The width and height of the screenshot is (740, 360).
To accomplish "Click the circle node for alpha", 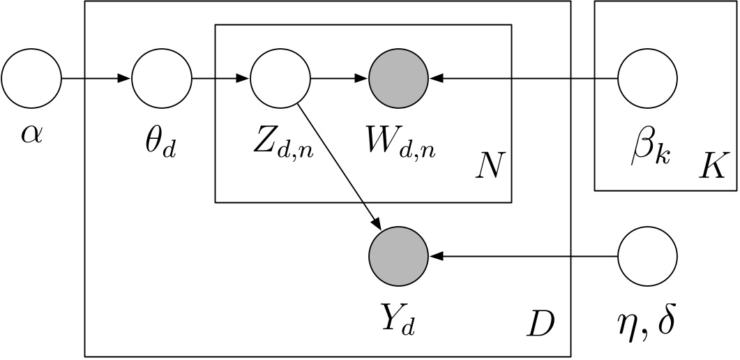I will (31, 78).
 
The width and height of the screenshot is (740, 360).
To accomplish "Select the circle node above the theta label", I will (162, 78).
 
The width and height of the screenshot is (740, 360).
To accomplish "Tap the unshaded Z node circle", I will (279, 78).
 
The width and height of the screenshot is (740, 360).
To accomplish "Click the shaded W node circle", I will (398, 78).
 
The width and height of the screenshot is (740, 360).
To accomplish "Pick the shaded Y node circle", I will (398, 256).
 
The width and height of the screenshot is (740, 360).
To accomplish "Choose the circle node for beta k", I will (648, 78).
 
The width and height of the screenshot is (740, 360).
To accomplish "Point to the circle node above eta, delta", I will (648, 256).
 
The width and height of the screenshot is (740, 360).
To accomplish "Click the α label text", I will (31, 133).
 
